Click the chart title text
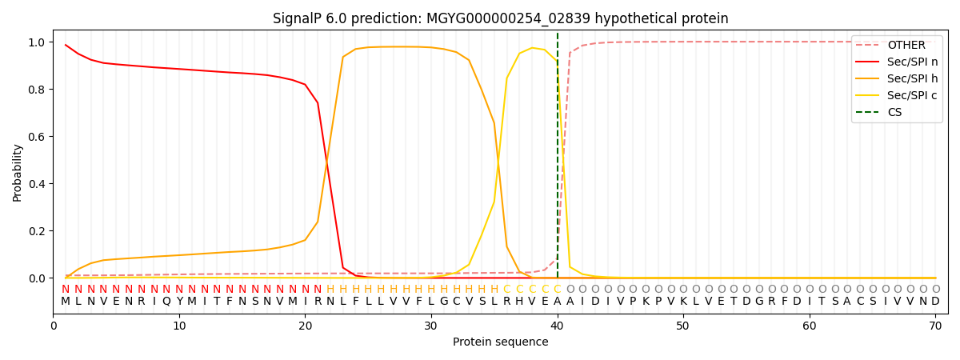(500, 18)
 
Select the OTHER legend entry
(906, 46)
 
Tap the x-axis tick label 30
(430, 326)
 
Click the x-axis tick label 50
(682, 326)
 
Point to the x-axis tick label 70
(934, 326)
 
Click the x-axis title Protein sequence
(500, 342)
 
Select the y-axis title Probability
(18, 173)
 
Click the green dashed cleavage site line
(558, 160)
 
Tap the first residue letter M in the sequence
(66, 302)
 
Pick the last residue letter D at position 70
(935, 302)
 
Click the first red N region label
(66, 290)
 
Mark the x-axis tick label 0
(54, 326)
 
